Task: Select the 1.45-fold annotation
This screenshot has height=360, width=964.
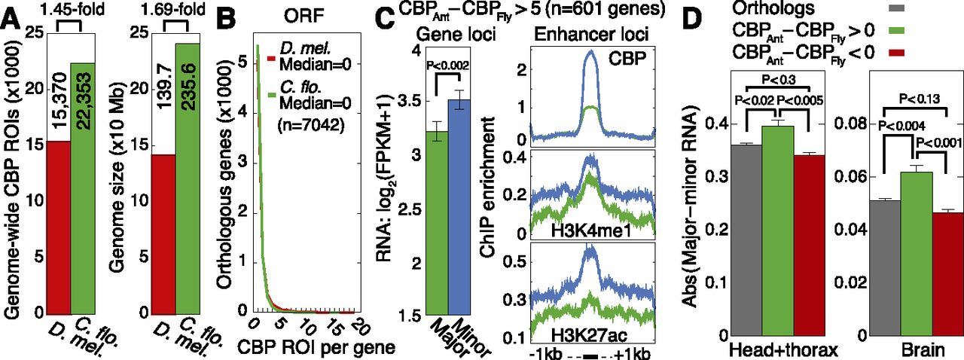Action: pyautogui.click(x=72, y=8)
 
